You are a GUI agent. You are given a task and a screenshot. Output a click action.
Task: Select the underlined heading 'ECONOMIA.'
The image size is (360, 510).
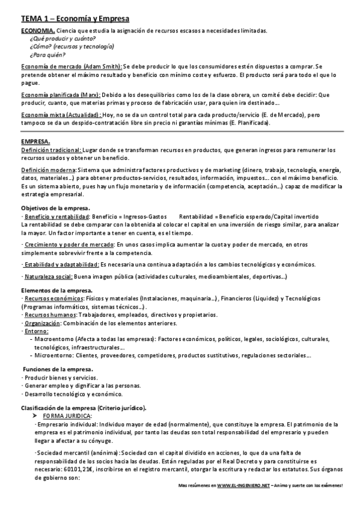(38, 30)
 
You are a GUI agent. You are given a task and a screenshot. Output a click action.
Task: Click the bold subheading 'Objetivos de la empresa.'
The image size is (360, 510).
(55, 207)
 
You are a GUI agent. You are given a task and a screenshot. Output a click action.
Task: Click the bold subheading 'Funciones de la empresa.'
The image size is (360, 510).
(58, 369)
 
